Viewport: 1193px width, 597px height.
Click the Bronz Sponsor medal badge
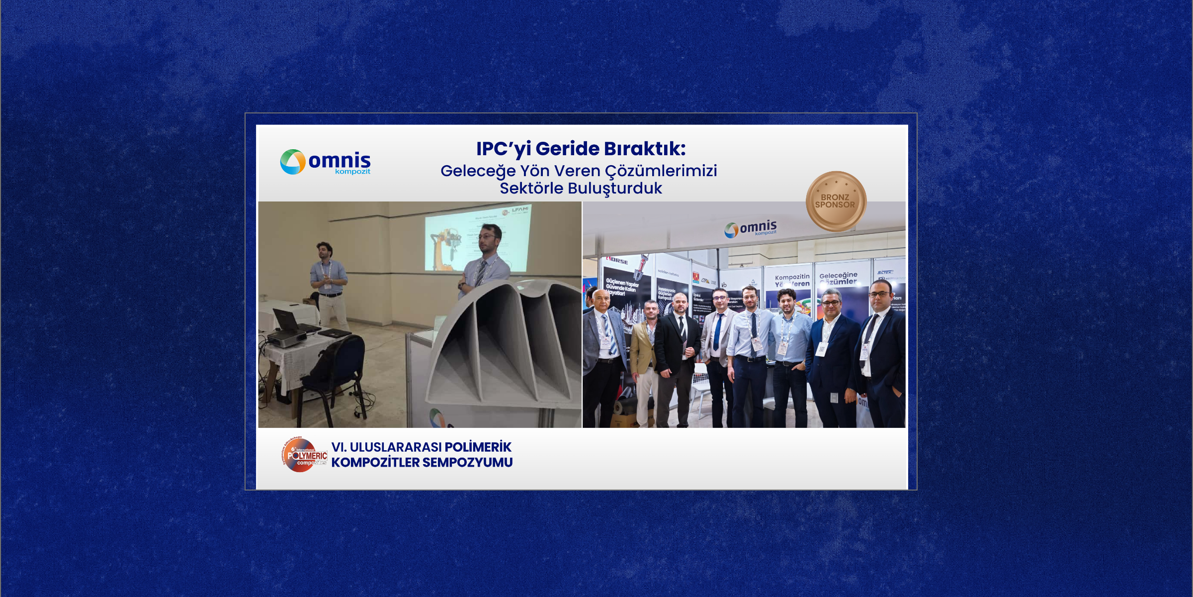[x=836, y=201]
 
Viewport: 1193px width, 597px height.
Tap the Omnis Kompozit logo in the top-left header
[x=326, y=162]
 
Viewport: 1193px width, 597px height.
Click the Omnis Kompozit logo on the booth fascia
[x=751, y=229]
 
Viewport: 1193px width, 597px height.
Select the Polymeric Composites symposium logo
[x=304, y=455]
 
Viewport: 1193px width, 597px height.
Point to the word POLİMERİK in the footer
[x=478, y=447]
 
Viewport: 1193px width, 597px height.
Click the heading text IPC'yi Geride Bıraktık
[x=581, y=148]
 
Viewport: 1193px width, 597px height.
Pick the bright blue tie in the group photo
[x=718, y=331]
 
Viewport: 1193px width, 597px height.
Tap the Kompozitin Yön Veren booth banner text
[x=792, y=280]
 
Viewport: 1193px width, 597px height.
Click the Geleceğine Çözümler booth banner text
[x=838, y=278]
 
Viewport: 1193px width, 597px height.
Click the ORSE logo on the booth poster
[x=617, y=261]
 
